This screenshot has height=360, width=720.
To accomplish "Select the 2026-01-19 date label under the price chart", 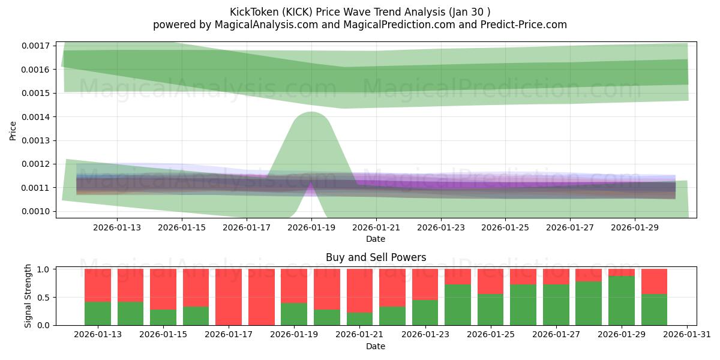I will (x=311, y=227).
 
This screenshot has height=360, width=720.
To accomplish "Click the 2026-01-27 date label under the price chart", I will (x=569, y=227).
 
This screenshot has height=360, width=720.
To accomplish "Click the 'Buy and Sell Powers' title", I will (x=376, y=257).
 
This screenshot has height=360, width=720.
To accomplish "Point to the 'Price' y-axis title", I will (x=13, y=130).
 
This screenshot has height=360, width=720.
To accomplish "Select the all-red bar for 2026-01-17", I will (x=229, y=297).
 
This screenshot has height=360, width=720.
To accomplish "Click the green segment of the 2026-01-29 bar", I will (x=622, y=301).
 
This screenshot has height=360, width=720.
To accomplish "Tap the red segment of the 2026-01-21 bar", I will (x=359, y=290).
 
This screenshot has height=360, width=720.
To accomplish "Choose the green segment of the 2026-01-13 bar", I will (x=98, y=313).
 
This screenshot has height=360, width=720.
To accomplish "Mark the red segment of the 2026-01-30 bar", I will (x=654, y=281).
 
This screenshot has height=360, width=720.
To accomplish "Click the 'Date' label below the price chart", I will (x=376, y=239).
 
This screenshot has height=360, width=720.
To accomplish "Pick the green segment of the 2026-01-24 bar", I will (x=458, y=305).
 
